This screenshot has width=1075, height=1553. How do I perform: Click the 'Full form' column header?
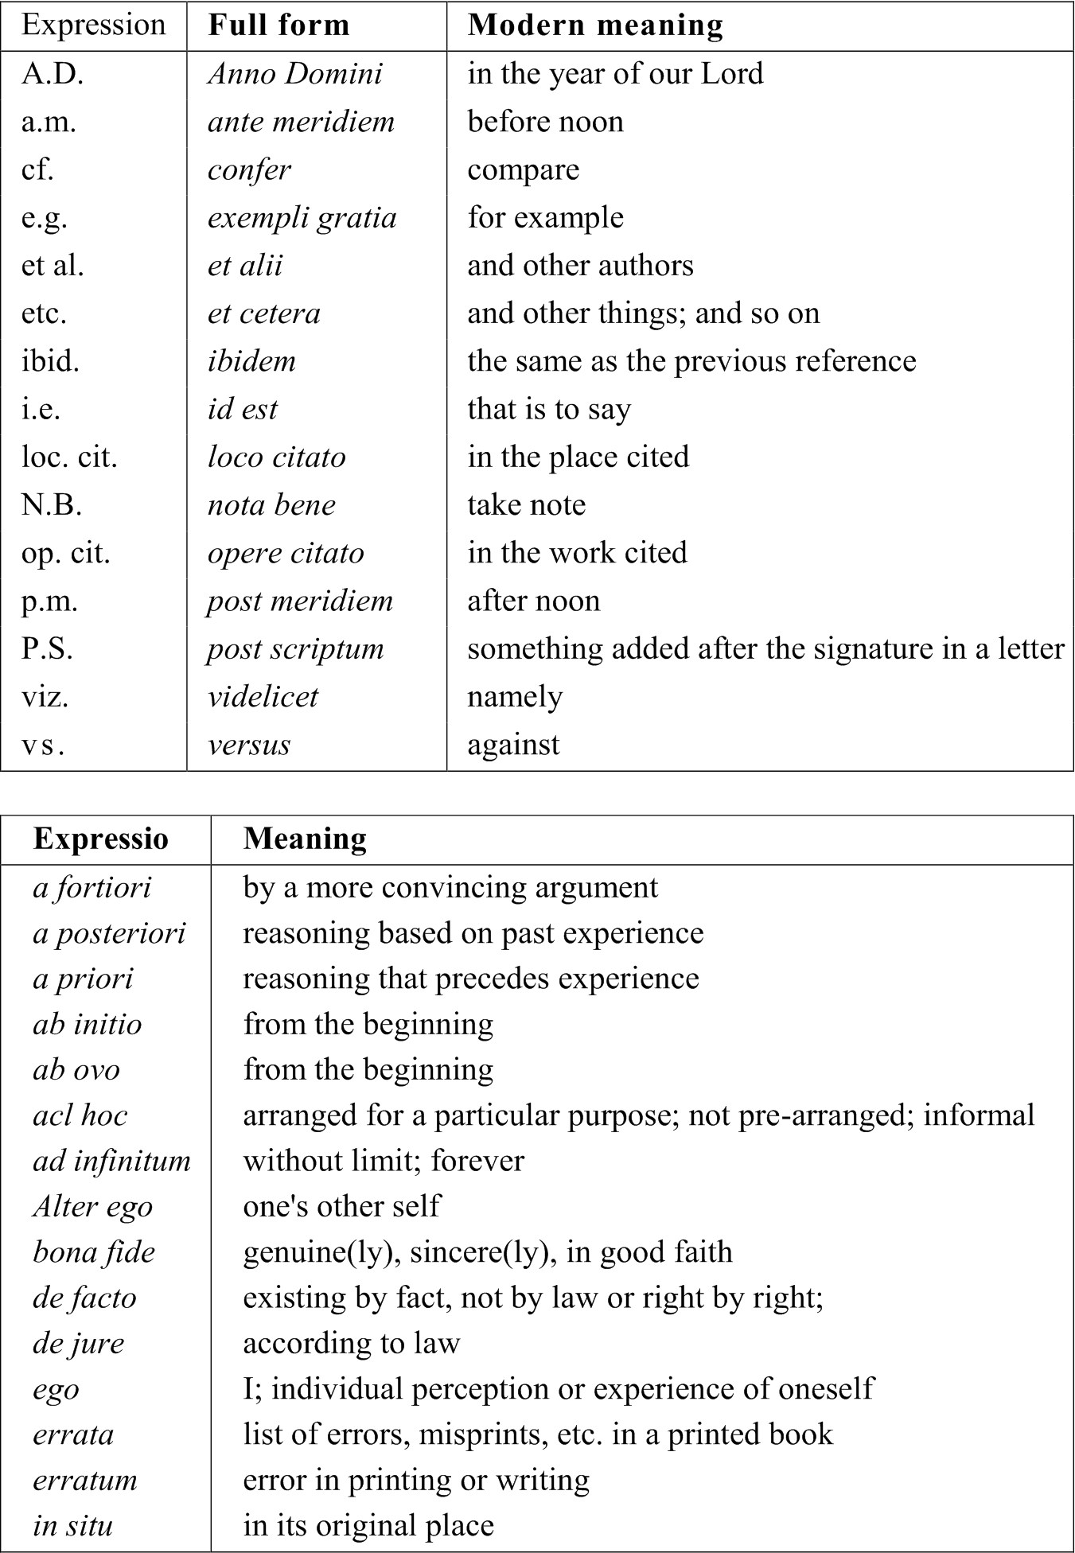[x=278, y=25]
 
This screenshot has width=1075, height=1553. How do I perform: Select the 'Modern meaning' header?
[x=595, y=25]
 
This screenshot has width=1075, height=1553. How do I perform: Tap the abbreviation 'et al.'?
[x=53, y=266]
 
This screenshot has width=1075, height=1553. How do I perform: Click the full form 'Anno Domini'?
[x=295, y=74]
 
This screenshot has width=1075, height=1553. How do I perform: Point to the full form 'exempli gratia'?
[x=302, y=218]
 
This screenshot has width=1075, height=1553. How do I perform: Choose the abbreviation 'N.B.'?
[x=52, y=505]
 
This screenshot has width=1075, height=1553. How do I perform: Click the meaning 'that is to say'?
[x=549, y=410]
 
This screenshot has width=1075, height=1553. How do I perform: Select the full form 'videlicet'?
[x=263, y=697]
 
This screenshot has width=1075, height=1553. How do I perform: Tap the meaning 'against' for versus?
[x=513, y=745]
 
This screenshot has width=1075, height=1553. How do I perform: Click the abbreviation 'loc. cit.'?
[x=69, y=457]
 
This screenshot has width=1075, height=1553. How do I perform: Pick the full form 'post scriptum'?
[x=295, y=649]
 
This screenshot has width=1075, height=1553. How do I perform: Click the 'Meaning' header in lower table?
[x=305, y=839]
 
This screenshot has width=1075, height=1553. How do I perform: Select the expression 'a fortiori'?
[x=92, y=887]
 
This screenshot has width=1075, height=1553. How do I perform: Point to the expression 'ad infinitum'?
[x=111, y=1161]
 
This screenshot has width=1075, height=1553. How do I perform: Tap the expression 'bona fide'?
[x=94, y=1252]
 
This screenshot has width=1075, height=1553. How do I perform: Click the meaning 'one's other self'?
[x=341, y=1206]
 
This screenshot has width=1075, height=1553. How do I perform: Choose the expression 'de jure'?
[x=78, y=1344]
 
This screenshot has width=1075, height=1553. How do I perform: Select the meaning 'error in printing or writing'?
[x=416, y=1481]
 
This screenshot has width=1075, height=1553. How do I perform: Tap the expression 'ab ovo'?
[x=76, y=1070]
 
